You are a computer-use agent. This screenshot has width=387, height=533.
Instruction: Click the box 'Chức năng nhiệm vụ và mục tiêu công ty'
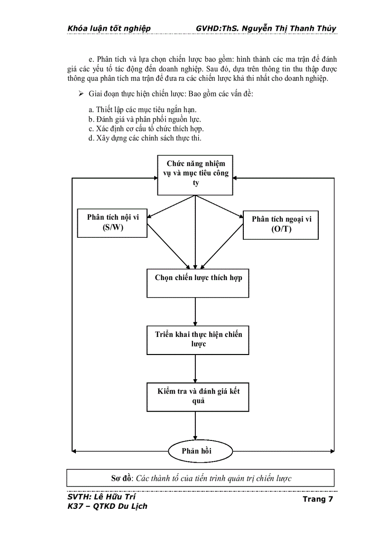(195, 174)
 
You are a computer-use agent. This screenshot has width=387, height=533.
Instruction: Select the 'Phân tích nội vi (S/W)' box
(112, 222)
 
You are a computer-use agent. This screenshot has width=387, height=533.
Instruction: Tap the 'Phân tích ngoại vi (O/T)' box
(280, 224)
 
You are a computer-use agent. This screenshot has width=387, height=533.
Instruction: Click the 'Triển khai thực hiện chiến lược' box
(198, 340)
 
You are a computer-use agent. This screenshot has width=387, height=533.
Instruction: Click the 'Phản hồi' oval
(196, 451)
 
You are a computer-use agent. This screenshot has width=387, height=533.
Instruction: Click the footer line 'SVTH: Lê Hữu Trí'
(101, 496)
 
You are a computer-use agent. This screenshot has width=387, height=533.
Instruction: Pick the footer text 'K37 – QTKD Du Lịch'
(108, 506)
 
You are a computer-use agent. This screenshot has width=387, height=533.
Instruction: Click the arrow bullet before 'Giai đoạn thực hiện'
(81, 94)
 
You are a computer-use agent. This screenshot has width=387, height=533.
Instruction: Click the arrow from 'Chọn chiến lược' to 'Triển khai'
(195, 312)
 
